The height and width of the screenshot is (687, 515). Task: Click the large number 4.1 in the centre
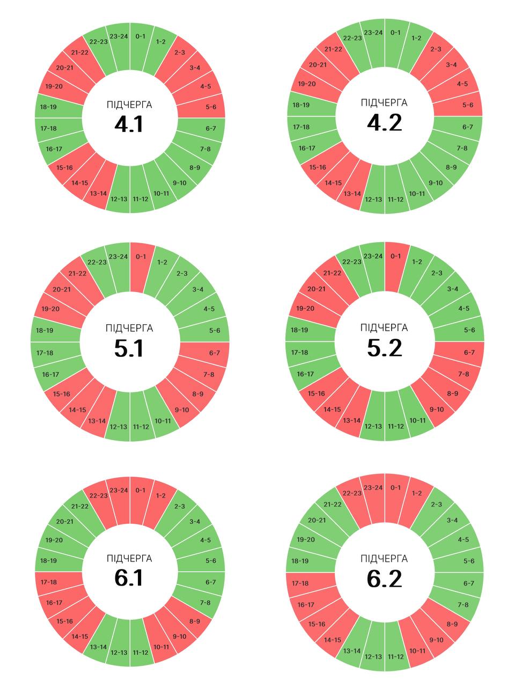coord(129,124)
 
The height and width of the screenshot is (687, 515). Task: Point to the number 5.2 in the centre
coord(385,348)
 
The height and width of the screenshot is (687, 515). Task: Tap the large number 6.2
coord(385,579)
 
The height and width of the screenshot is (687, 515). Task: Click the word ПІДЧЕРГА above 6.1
coord(129,559)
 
